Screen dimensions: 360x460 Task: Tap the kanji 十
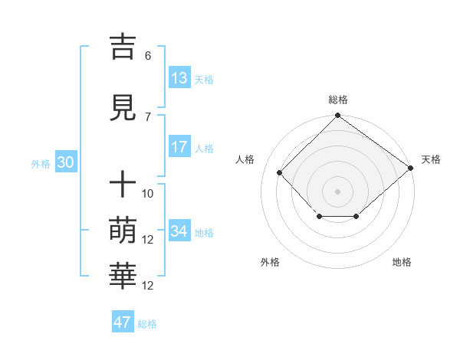[123, 185]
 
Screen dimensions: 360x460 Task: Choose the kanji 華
[123, 277]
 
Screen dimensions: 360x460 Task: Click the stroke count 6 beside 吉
[148, 56]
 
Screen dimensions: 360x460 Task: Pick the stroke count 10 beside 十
[148, 194]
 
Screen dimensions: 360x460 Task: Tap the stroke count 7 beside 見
[148, 117]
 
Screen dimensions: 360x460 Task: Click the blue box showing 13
[179, 78]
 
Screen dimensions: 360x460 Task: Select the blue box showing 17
[179, 147]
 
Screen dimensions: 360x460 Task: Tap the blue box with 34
[179, 231]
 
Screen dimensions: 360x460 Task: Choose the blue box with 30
[65, 162]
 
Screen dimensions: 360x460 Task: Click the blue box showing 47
[123, 322]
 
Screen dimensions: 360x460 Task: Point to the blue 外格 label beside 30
[41, 163]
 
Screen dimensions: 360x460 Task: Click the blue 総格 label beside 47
[147, 324]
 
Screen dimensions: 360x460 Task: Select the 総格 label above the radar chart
[337, 100]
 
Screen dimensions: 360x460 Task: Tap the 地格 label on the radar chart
[402, 262]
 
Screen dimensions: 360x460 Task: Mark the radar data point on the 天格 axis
[411, 168]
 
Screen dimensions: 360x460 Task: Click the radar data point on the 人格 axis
[280, 172]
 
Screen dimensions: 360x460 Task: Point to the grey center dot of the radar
[337, 191]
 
